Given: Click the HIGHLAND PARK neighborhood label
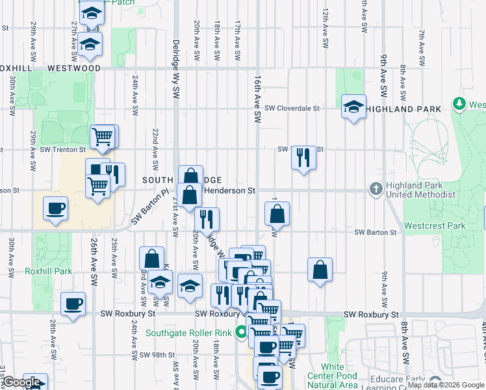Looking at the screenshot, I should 403,109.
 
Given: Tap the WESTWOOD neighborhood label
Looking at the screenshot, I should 73,68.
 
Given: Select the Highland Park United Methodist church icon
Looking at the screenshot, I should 376,189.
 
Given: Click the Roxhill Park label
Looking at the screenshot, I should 44,270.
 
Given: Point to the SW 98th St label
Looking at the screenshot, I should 158,354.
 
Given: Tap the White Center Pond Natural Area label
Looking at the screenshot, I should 332,376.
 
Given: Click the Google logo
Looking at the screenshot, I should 21,382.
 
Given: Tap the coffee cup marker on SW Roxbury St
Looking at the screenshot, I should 73,303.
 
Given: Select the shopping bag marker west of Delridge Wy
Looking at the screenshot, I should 151,259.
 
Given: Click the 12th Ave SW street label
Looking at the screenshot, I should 325,29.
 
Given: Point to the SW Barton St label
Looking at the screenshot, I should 375,232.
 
